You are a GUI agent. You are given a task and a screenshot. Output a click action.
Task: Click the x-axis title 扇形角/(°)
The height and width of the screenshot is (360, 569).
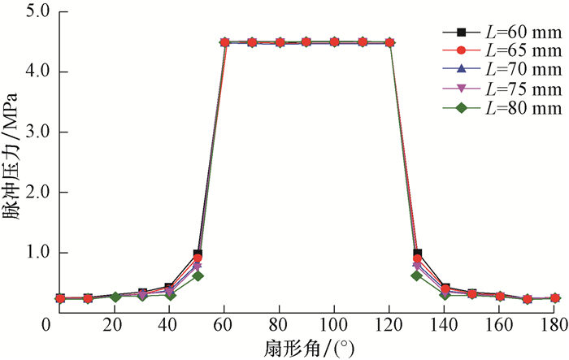click(x=306, y=349)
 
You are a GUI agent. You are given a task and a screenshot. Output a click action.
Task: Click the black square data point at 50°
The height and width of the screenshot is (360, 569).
click(x=198, y=254)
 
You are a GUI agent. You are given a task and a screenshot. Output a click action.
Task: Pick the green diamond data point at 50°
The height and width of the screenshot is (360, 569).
click(x=198, y=275)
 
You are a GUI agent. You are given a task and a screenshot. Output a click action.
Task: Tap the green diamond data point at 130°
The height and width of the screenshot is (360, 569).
click(x=417, y=275)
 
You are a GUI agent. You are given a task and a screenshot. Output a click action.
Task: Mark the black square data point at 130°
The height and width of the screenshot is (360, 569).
click(x=417, y=254)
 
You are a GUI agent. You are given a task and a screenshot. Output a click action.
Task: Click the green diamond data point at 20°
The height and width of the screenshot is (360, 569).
click(x=115, y=297)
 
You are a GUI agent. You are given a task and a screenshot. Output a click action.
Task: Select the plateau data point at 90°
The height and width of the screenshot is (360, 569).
click(x=307, y=42)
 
